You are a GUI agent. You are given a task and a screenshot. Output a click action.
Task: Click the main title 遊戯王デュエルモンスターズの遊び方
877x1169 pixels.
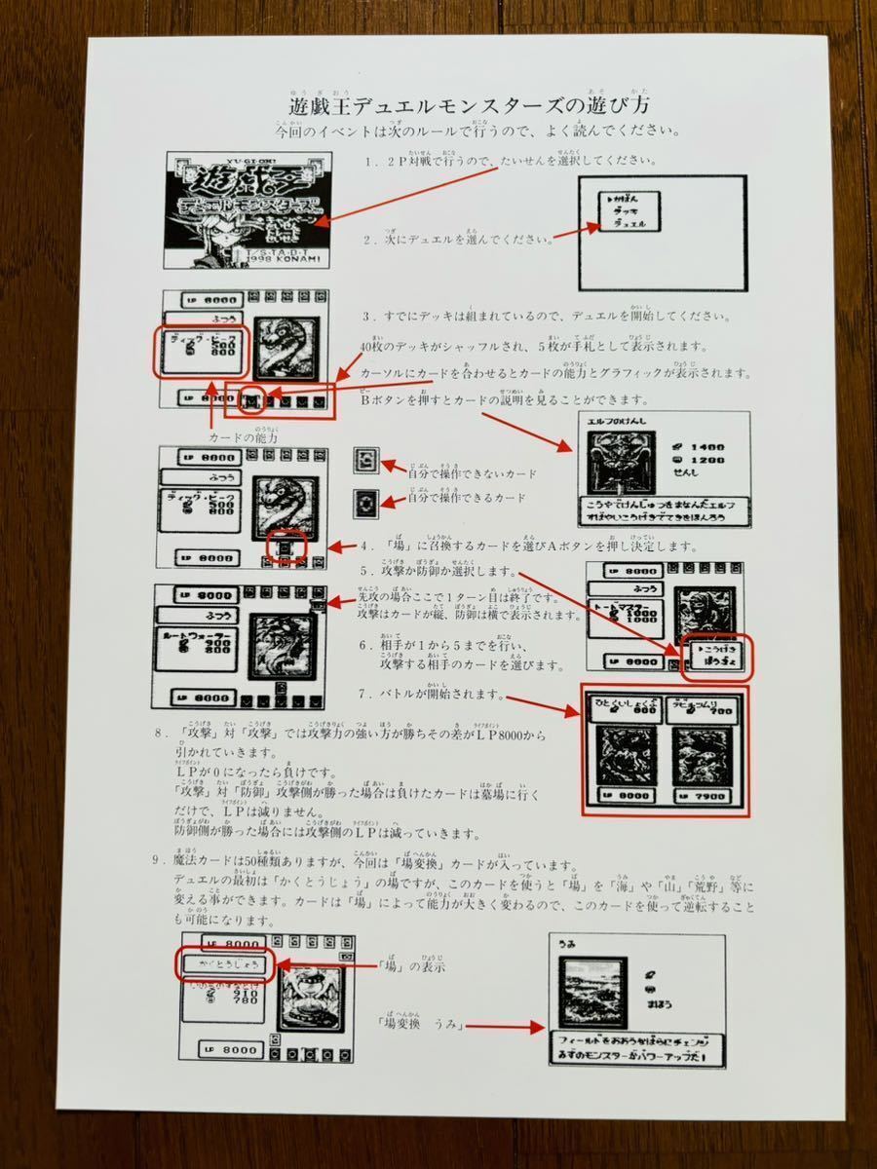471,105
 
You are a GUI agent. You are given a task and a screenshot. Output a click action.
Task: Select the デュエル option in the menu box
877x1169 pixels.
631,223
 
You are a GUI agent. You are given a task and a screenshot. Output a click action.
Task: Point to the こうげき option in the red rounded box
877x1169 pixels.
717,648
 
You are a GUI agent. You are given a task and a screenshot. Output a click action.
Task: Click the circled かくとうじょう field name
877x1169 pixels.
219,962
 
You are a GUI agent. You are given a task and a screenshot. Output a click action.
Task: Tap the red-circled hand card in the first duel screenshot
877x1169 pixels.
252,398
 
